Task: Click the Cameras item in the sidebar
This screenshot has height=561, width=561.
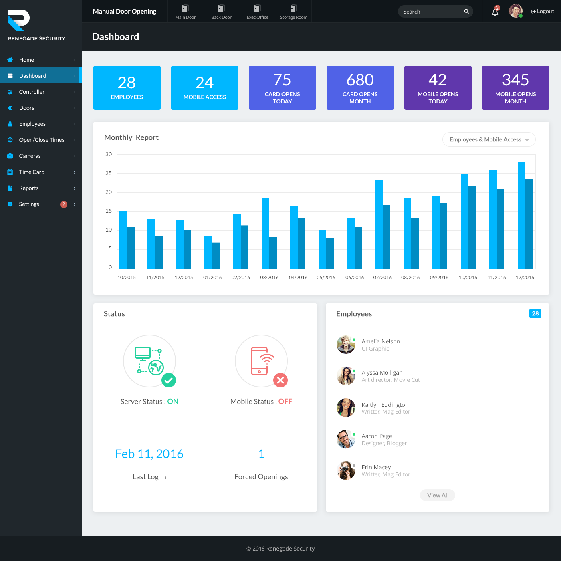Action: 30,156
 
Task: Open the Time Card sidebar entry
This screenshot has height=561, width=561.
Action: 32,172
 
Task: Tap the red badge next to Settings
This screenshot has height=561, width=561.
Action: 63,204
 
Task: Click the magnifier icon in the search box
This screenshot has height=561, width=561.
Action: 466,11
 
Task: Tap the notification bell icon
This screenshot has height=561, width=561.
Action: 495,12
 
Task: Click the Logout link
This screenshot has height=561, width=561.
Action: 543,11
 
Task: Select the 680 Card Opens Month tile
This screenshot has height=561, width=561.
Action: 360,88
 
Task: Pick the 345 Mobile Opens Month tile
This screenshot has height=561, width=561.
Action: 515,88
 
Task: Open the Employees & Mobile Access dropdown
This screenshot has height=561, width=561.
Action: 489,139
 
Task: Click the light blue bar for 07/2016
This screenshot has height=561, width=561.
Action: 379,224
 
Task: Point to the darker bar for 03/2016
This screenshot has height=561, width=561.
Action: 273,253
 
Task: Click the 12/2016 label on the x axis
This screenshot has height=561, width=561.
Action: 525,278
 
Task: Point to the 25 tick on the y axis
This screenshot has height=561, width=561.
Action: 109,173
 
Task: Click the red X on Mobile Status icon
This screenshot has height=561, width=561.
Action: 280,380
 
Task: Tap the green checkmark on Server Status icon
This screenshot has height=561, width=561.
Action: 169,380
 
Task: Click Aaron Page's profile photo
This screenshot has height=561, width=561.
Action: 346,439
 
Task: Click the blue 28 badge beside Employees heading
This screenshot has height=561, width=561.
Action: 535,313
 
